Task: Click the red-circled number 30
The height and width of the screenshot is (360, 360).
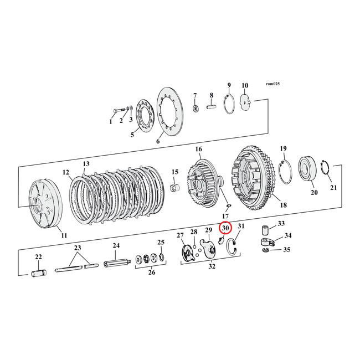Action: [225, 228]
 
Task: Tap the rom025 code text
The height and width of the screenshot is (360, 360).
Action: [274, 84]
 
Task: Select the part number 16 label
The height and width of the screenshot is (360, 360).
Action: [198, 149]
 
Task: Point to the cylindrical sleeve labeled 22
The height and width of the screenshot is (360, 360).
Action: [39, 273]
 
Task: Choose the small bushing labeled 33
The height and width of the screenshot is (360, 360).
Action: [265, 228]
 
